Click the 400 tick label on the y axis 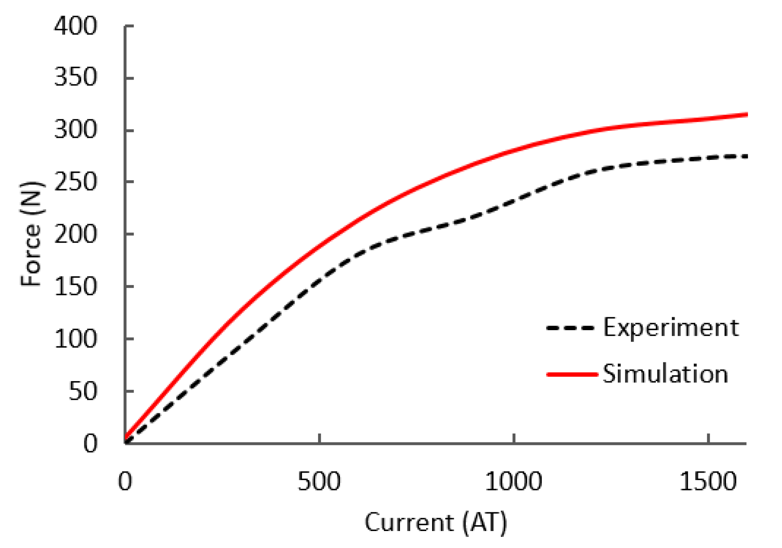[75, 26]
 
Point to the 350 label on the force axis [75, 77]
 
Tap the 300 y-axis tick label [75, 130]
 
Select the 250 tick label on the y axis [75, 182]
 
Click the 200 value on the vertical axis [75, 234]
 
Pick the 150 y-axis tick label [75, 286]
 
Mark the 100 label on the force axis [75, 339]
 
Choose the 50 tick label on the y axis [83, 391]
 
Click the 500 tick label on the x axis [319, 481]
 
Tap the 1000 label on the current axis [513, 481]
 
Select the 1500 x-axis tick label [708, 481]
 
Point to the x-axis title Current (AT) [435, 523]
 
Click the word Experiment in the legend [670, 328]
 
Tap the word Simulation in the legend [665, 374]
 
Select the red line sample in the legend [572, 374]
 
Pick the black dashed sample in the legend [571, 328]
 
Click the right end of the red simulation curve [746, 115]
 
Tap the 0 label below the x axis [125, 481]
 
